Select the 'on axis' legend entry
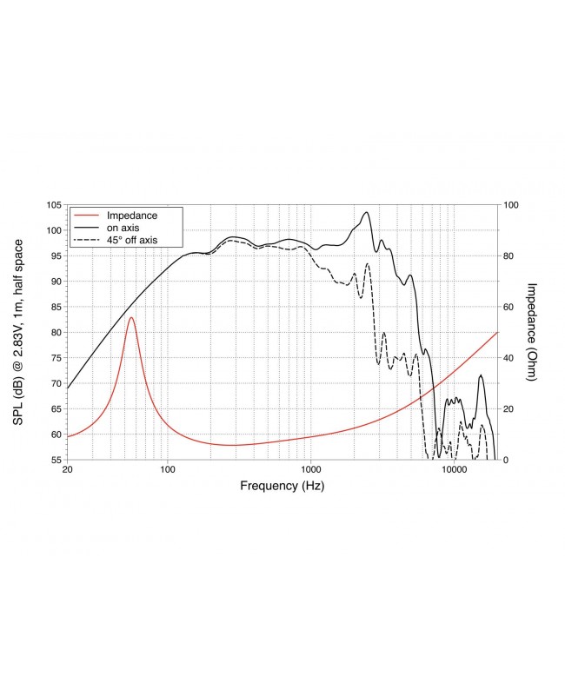[x=123, y=227]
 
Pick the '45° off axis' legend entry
[x=131, y=239]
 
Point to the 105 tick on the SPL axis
[x=55, y=205]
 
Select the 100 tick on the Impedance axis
[x=511, y=205]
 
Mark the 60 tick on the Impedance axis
[x=508, y=307]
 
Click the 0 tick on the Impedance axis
[x=506, y=460]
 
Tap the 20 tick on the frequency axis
[x=68, y=470]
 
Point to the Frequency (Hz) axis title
[x=282, y=487]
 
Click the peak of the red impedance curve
[x=131, y=318]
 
